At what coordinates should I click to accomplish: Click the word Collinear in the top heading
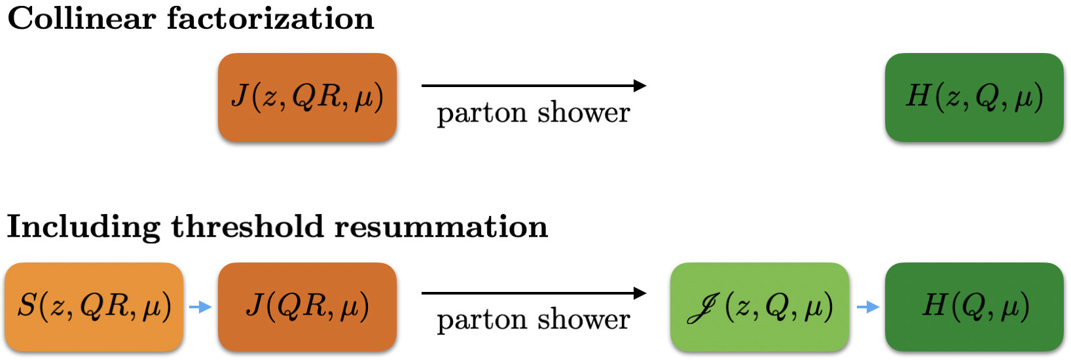[80, 18]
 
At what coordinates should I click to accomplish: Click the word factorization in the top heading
[270, 18]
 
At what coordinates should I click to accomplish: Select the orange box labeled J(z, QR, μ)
[307, 98]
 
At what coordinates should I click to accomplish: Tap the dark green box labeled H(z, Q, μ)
[974, 98]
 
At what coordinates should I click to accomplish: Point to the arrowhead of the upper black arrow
[640, 86]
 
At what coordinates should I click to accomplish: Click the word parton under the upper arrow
[482, 114]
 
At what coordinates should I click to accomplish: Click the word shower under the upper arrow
[583, 113]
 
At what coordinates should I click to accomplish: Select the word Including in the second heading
[82, 228]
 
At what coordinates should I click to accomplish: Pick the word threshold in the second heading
[247, 226]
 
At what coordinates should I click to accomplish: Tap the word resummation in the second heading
[441, 226]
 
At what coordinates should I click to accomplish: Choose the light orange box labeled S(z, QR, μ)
[94, 307]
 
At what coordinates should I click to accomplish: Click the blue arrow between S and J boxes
[200, 307]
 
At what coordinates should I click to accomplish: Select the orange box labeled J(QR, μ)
[307, 307]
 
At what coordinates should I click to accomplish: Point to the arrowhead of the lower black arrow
[640, 293]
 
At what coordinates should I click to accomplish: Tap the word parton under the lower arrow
[482, 321]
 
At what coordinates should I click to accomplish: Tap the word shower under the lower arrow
[583, 319]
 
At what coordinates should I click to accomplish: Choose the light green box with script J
[759, 307]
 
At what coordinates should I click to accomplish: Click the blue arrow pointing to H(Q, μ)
[867, 307]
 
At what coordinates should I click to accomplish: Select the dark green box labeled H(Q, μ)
[974, 307]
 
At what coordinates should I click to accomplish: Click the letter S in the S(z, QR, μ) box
[27, 306]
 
